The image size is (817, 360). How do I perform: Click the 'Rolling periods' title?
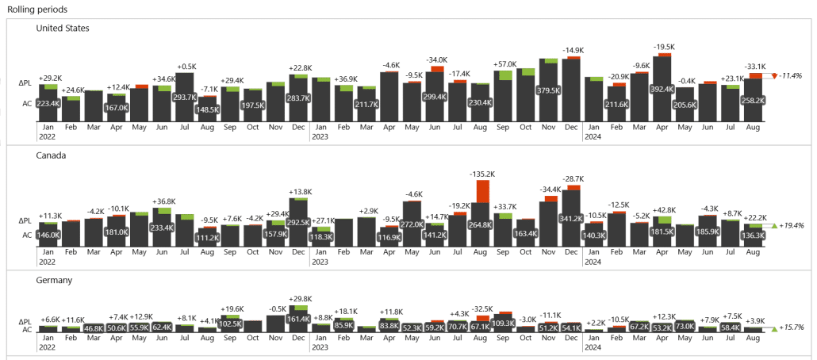point(36,10)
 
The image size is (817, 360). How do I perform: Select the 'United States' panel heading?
point(63,29)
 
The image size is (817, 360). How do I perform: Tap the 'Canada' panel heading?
point(51,155)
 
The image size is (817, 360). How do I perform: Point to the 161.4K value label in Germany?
point(298,319)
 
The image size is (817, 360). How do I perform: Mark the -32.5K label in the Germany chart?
point(482,308)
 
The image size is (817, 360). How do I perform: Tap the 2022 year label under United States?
point(46,136)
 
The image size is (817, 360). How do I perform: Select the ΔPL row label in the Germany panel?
point(25,321)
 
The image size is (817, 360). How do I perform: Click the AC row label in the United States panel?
point(26,103)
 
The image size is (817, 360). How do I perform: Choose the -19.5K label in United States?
point(664,47)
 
